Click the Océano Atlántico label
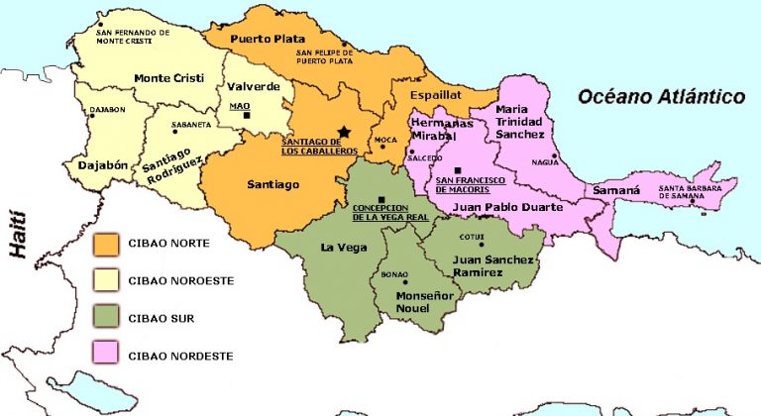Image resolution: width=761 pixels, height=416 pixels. (x=662, y=96)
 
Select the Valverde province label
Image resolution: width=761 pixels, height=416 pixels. (x=255, y=86)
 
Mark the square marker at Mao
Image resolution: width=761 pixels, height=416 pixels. (x=248, y=115)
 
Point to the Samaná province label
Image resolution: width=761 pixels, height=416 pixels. (x=616, y=189)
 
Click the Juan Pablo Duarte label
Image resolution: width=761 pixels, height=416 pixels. (x=507, y=208)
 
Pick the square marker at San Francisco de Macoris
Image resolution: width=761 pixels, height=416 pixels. (x=458, y=170)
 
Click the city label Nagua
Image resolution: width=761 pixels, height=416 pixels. (x=545, y=160)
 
